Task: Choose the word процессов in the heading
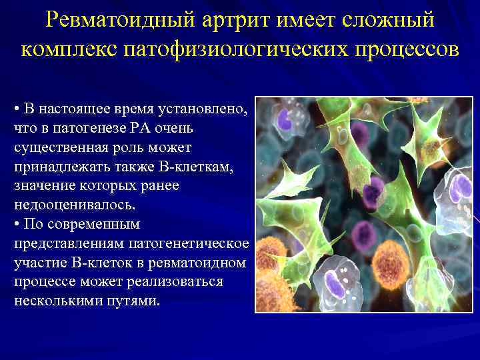coord(408,50)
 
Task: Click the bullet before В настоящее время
coord(16,109)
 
